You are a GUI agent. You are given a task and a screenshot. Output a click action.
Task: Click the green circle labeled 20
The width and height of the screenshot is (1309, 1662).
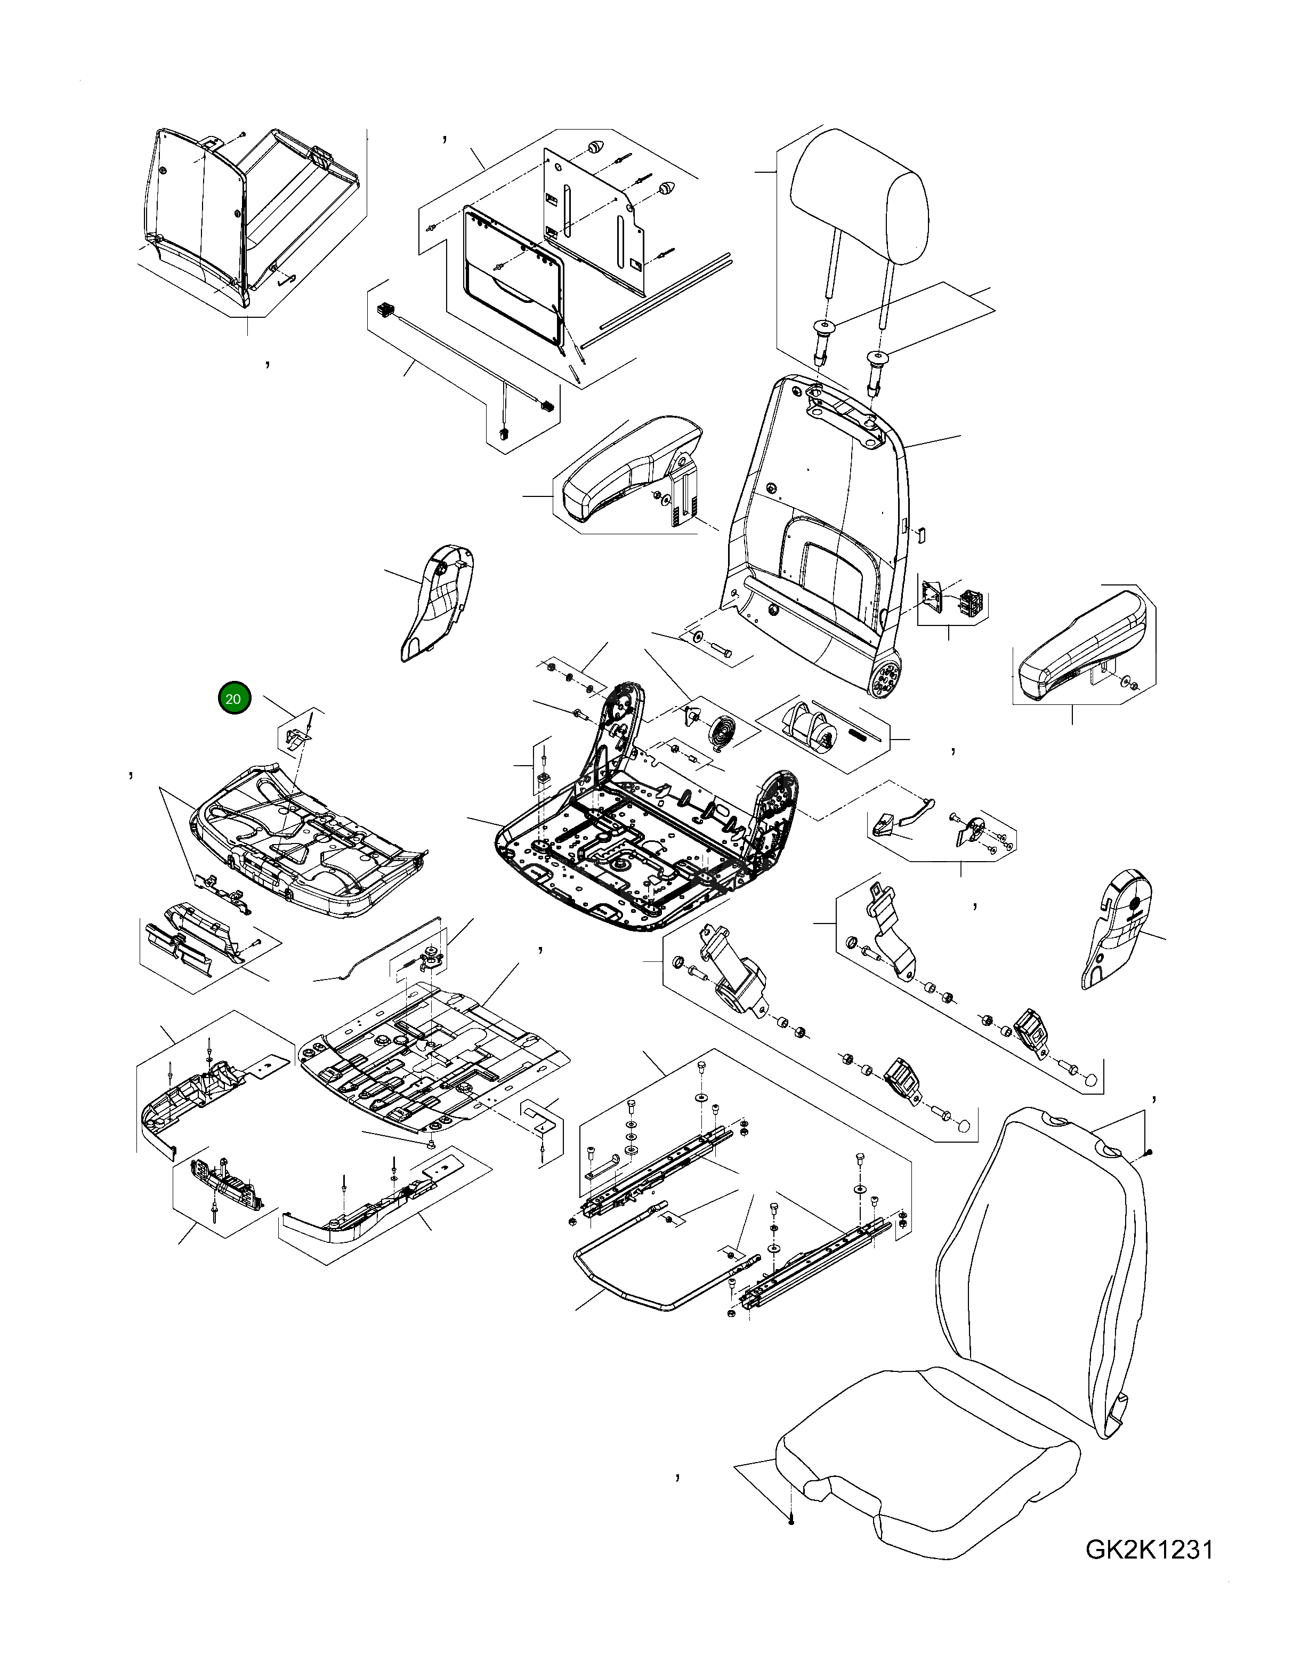click(x=234, y=698)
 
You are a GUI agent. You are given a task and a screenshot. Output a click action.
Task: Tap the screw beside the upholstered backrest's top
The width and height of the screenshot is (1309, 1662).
click(x=1150, y=1173)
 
